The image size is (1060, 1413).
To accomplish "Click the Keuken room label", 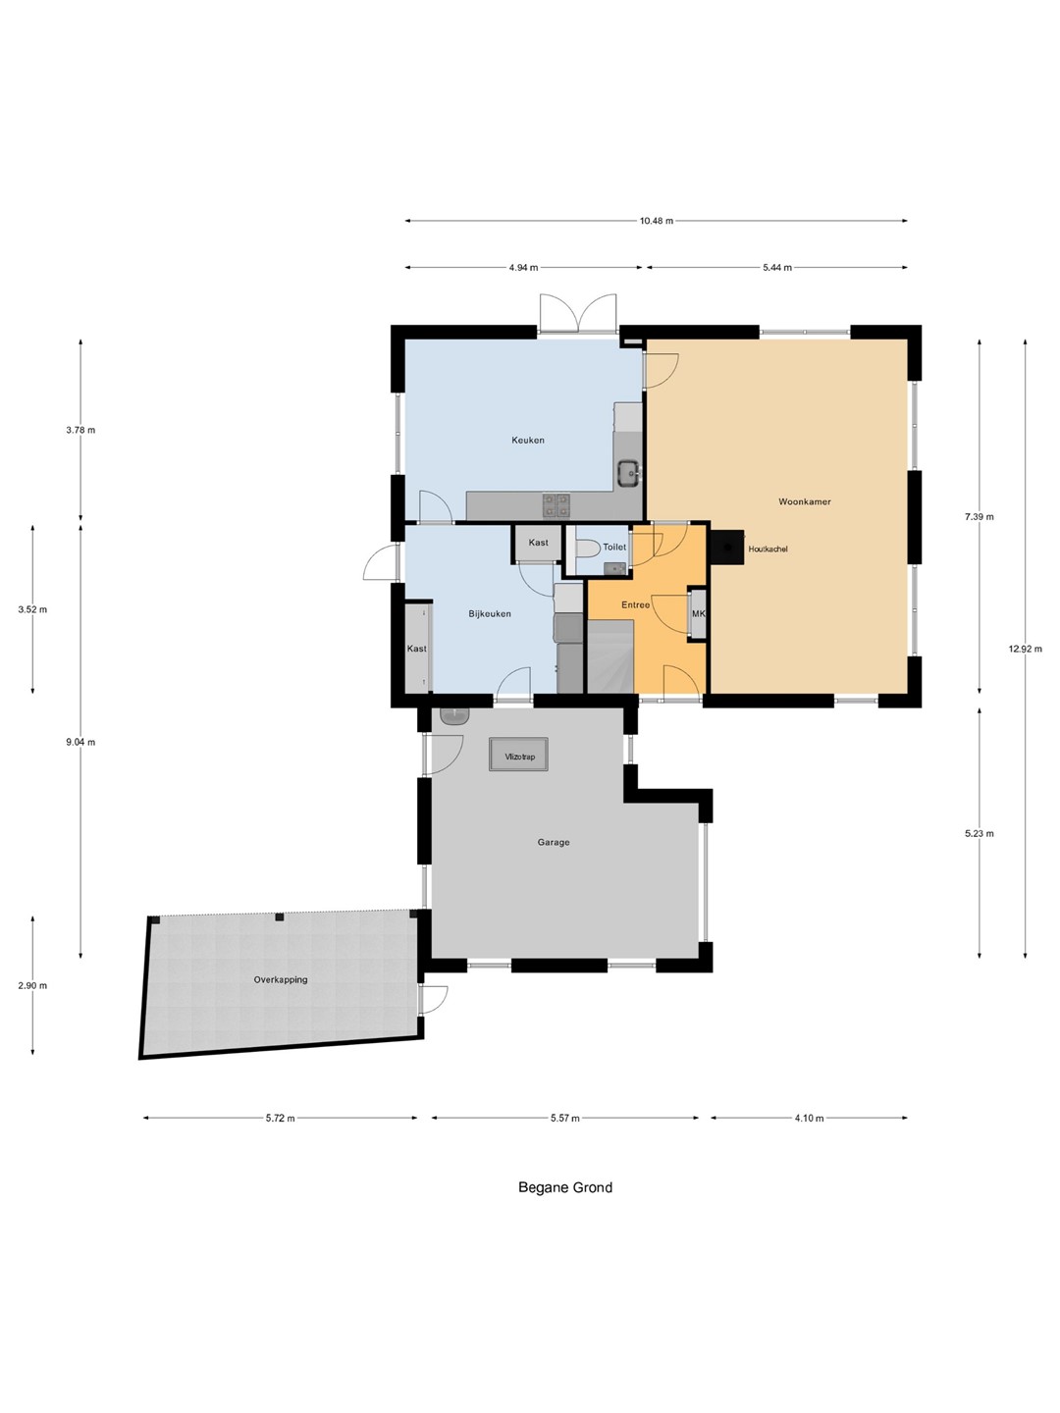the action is (x=528, y=441).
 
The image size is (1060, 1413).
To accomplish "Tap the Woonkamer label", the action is (x=805, y=501).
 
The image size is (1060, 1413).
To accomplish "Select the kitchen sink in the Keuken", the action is (x=629, y=473).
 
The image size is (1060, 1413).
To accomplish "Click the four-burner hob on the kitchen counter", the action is (x=556, y=504).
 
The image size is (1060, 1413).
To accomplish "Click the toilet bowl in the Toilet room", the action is (x=586, y=549).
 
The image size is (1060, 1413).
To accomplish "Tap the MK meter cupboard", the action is (x=698, y=614).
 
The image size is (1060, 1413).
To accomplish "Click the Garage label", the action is (x=554, y=842).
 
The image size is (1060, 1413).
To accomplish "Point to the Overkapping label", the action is (x=281, y=979).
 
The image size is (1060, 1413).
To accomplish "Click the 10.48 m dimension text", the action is (x=657, y=221).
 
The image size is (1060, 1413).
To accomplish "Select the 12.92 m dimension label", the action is (x=1026, y=649).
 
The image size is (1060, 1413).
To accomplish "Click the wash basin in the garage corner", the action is (x=455, y=715).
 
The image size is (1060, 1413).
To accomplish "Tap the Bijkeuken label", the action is (x=490, y=613).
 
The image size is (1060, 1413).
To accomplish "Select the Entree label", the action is (x=635, y=605).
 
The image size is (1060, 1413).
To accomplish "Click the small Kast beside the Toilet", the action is (x=538, y=544).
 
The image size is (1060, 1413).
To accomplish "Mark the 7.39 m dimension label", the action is (x=980, y=516).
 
